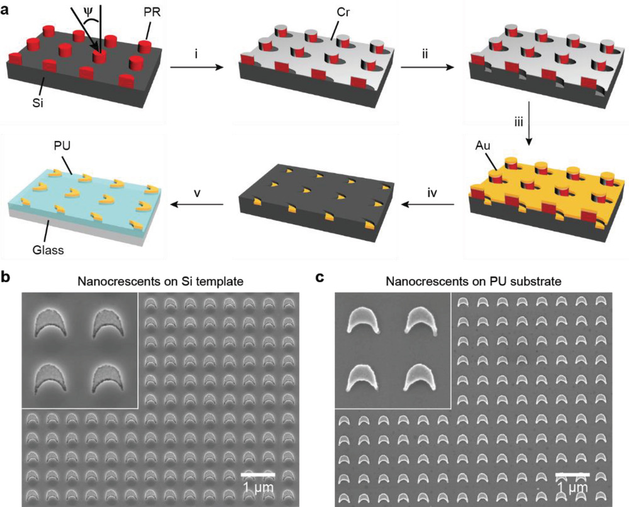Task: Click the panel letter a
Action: point(5,10)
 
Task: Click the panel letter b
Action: point(5,276)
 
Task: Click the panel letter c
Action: point(320,278)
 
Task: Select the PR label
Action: point(152,13)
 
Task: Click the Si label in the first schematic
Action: point(38,103)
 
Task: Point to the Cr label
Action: point(343,13)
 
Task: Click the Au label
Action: point(482,145)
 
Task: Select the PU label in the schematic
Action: point(62,145)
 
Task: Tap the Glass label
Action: point(48,250)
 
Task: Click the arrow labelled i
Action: point(196,67)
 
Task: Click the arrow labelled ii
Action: point(427,67)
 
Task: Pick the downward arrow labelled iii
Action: point(529,123)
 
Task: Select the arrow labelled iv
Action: point(428,205)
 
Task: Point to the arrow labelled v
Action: point(196,205)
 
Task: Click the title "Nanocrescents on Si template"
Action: point(160,282)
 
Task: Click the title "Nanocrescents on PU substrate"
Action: point(474,282)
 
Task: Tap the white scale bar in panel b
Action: point(258,475)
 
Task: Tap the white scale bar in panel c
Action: point(572,475)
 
